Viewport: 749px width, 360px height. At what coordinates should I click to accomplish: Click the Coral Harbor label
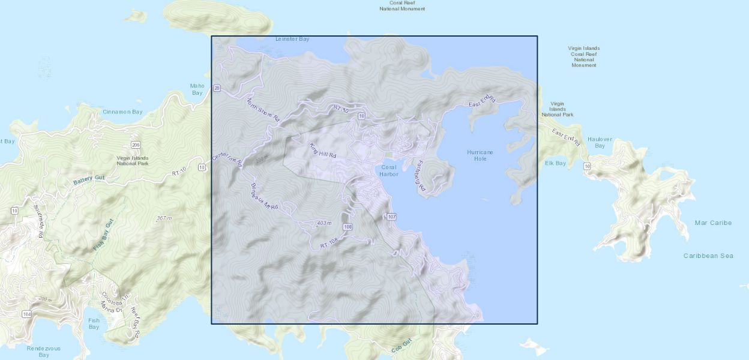[x=389, y=170]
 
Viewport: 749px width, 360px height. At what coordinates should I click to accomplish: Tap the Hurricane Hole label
[x=480, y=155]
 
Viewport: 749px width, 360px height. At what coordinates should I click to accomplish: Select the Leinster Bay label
[x=292, y=39]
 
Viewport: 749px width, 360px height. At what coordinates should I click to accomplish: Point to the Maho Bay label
[x=197, y=89]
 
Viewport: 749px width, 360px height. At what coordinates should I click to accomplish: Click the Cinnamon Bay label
[x=122, y=112]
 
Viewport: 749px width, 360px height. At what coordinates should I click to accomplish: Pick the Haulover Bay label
[x=600, y=142]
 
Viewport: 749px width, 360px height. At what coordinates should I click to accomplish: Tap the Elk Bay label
[x=555, y=163]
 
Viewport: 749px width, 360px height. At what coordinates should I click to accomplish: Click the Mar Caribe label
[x=713, y=223]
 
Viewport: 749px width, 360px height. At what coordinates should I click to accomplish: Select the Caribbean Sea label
[x=708, y=256]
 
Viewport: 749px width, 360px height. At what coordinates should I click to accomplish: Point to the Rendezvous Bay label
[x=44, y=352]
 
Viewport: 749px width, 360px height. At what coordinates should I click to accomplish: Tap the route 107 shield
[x=392, y=217]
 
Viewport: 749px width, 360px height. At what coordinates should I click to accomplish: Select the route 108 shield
[x=347, y=226]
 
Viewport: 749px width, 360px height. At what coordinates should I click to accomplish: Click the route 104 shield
[x=26, y=314]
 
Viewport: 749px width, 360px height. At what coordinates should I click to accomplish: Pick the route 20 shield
[x=217, y=88]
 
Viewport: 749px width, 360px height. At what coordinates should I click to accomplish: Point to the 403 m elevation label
[x=324, y=223]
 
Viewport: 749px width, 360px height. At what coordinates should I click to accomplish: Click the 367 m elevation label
[x=164, y=218]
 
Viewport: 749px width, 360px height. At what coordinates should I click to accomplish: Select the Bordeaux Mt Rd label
[x=265, y=196]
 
